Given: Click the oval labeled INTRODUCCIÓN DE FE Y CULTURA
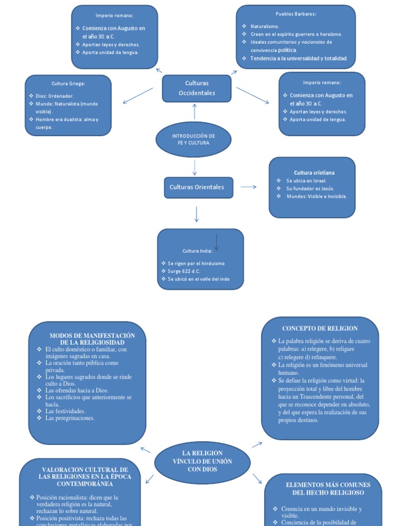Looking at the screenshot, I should pyautogui.click(x=193, y=139).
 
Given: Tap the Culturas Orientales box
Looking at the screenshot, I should pyautogui.click(x=197, y=187).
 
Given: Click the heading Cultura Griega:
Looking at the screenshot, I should pyautogui.click(x=68, y=83).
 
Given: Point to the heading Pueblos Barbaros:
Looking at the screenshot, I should pyautogui.click(x=295, y=14).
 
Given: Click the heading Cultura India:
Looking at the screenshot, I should pyautogui.click(x=197, y=251).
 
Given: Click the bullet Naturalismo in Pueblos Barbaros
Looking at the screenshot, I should pyautogui.click(x=264, y=26).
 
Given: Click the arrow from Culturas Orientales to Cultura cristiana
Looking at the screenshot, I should pyautogui.click(x=248, y=187).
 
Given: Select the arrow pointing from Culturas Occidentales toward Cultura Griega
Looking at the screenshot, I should pyautogui.click(x=138, y=96).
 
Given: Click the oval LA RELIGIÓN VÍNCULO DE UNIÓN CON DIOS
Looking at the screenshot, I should pyautogui.click(x=202, y=461).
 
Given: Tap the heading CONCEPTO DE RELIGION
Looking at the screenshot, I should pyautogui.click(x=320, y=328).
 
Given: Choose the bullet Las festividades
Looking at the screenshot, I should pyautogui.click(x=65, y=411).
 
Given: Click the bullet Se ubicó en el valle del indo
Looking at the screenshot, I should pyautogui.click(x=199, y=278).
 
